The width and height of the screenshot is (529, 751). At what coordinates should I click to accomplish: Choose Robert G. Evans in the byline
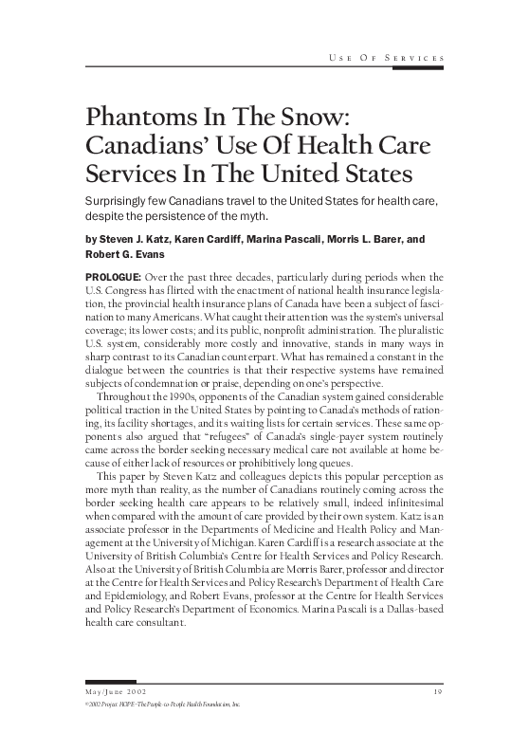click(x=123, y=254)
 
